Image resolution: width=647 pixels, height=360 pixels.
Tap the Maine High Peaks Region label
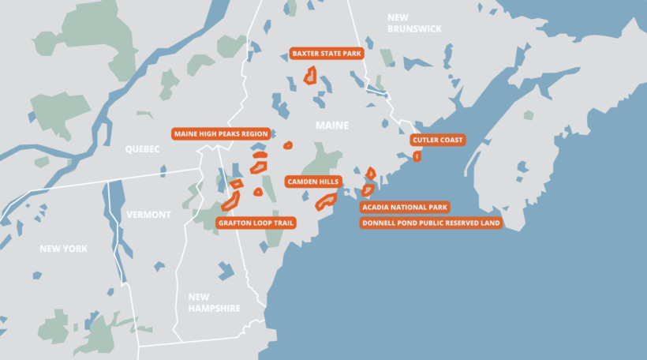point(221,133)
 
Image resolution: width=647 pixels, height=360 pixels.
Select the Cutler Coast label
point(438,140)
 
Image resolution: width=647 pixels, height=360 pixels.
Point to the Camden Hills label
point(312,182)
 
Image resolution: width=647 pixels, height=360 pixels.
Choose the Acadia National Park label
point(405,208)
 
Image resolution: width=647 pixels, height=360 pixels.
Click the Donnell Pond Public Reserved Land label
point(431,223)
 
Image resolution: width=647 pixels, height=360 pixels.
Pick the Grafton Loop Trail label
point(256,223)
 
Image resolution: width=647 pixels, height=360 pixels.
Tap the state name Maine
point(331,126)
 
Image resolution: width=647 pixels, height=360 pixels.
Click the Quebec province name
point(142,149)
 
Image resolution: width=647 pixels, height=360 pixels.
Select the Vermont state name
point(148,215)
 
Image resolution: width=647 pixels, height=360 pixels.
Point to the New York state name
point(63,249)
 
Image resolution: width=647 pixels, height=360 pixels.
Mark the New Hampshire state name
point(214,302)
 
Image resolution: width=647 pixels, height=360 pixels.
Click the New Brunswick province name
point(414,23)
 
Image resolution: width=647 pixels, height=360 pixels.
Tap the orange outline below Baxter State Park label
point(311,76)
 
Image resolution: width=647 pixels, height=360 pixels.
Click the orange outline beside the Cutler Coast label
point(417,156)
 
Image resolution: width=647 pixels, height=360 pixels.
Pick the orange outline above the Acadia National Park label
point(368,189)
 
